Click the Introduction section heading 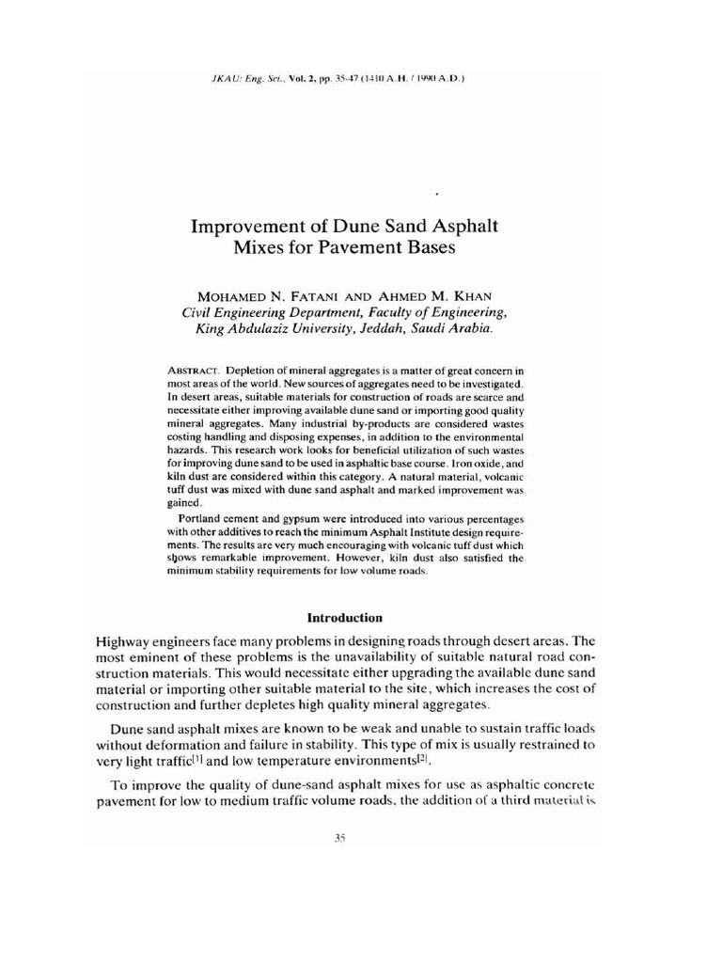345,618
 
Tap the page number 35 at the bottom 339,842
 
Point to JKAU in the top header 228,79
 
